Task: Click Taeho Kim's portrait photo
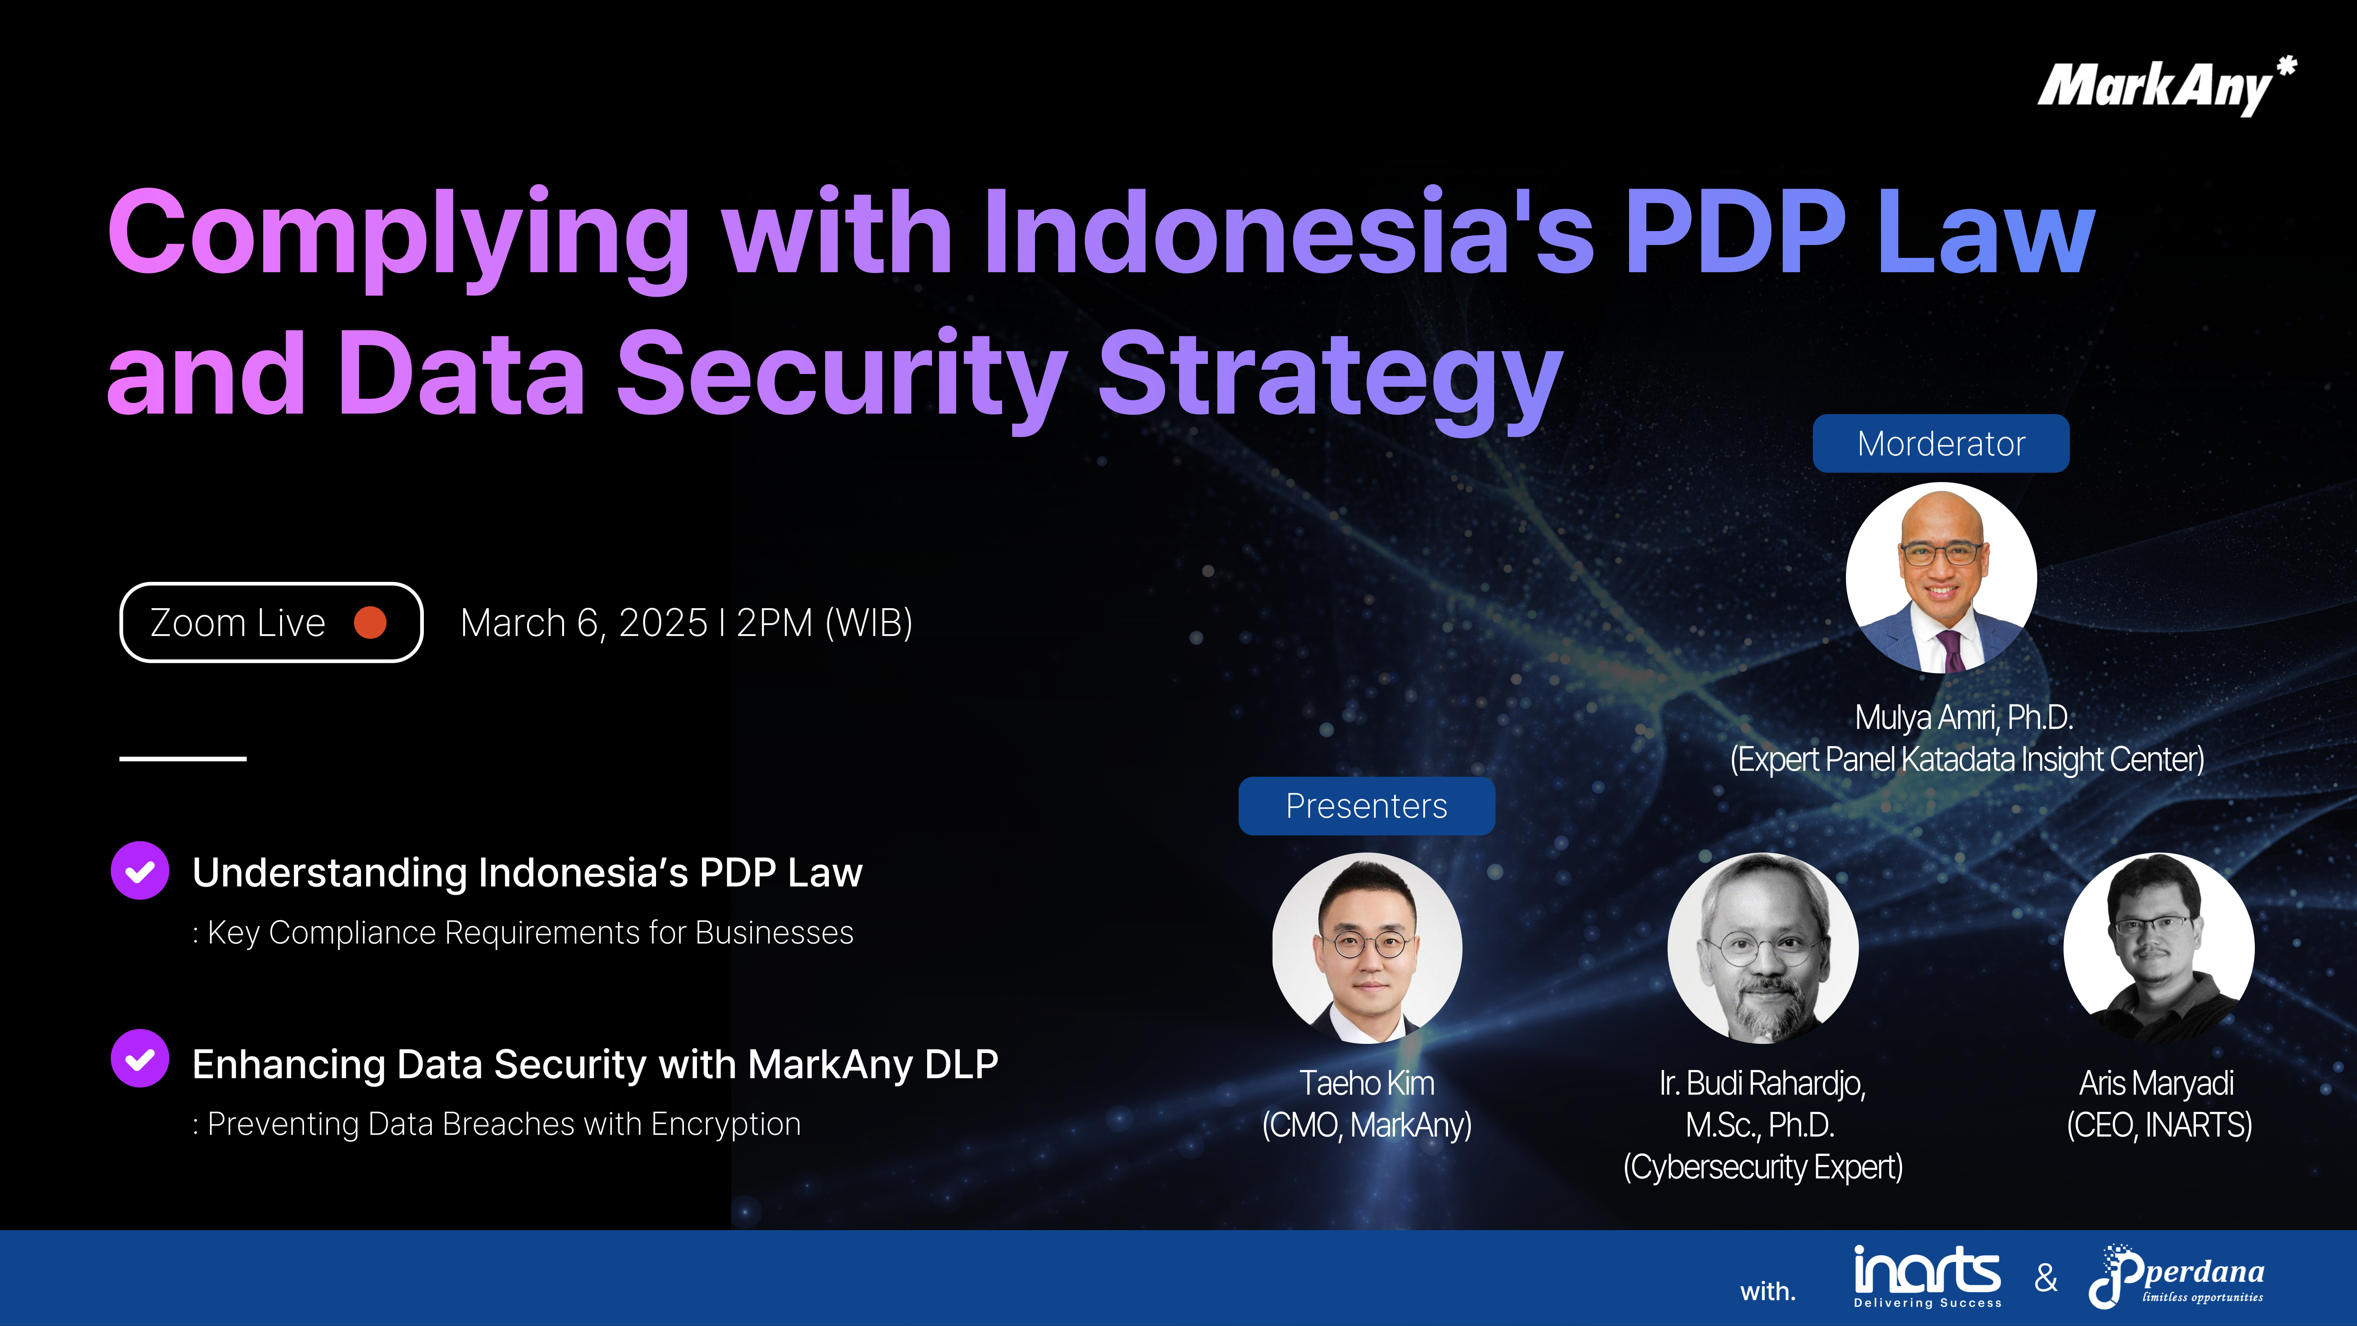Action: tap(1367, 948)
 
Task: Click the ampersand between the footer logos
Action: tap(2046, 1278)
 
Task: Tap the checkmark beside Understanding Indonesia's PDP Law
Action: tap(140, 871)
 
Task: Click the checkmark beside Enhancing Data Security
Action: tap(140, 1059)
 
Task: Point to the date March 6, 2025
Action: tap(584, 623)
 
